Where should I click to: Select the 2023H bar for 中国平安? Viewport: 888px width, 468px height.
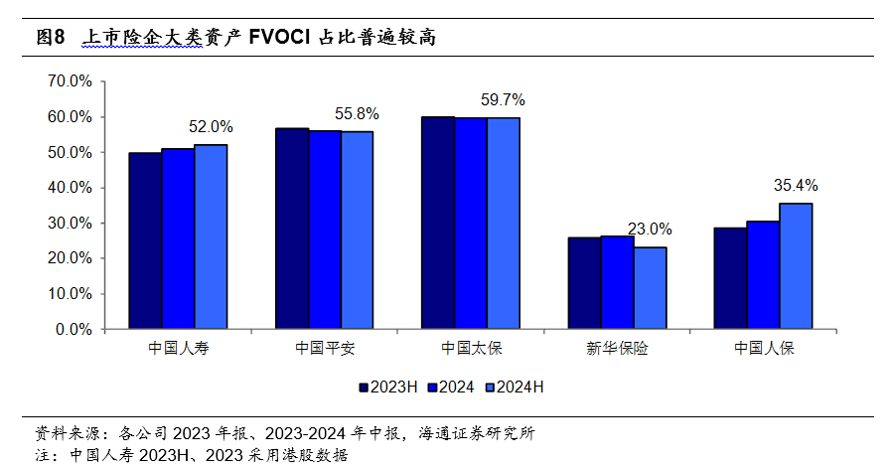pos(292,229)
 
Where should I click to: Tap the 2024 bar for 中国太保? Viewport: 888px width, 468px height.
pos(471,224)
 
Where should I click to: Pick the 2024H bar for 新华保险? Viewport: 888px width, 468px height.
pos(650,288)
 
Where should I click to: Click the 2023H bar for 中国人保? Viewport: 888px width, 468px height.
pos(730,278)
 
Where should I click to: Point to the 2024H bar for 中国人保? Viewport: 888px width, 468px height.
pos(796,266)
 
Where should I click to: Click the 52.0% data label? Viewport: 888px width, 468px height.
pos(211,127)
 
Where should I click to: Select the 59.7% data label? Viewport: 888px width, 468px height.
pos(503,100)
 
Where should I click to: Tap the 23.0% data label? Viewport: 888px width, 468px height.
pos(650,230)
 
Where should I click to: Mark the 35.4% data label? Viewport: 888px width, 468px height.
pos(796,186)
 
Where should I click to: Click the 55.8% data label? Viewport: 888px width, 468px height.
pos(357,114)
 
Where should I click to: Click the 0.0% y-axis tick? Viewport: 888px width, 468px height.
pos(74,329)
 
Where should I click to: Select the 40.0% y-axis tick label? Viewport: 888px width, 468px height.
pos(71,188)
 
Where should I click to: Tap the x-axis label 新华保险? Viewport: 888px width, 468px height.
pos(617,350)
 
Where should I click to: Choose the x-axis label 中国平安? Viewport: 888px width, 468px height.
pos(325,350)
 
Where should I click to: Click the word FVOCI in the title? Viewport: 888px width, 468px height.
pos(279,38)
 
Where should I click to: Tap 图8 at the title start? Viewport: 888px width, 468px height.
pos(50,38)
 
